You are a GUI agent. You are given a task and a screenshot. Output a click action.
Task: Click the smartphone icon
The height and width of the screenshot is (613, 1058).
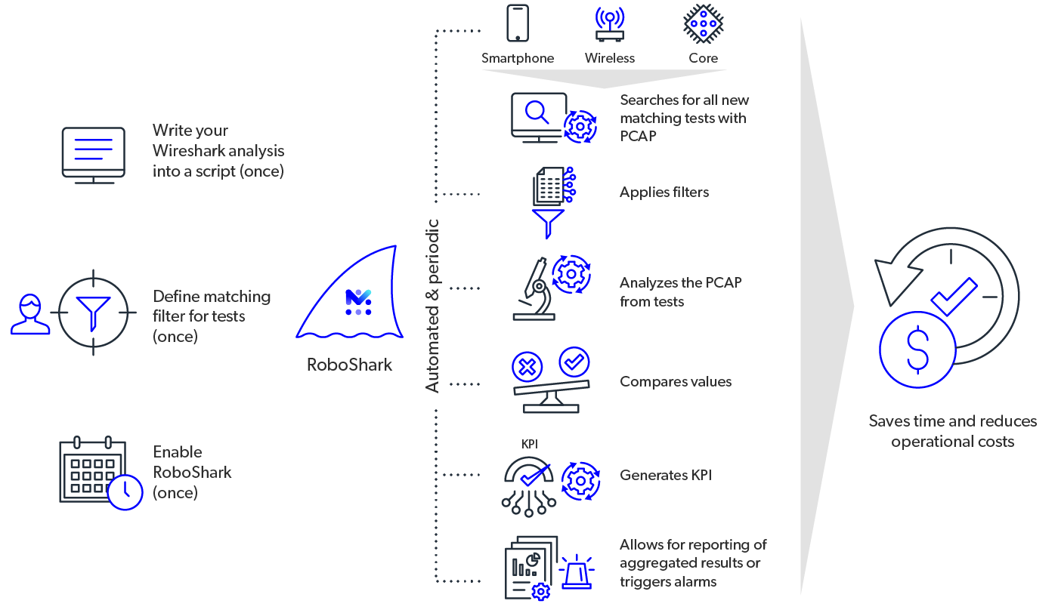tap(518, 23)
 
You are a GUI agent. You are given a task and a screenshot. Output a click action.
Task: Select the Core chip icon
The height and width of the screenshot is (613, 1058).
tap(703, 23)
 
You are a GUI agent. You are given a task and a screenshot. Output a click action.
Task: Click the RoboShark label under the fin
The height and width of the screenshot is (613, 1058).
tap(349, 365)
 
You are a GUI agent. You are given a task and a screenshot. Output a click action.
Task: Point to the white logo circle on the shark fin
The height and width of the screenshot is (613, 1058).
tap(358, 302)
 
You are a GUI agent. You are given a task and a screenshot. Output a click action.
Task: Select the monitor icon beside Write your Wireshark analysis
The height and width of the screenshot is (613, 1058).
tap(93, 152)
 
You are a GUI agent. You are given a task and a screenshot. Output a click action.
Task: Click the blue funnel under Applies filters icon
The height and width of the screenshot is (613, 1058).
tap(549, 223)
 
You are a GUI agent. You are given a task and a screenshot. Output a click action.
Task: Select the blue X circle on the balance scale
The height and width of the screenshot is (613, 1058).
tap(527, 368)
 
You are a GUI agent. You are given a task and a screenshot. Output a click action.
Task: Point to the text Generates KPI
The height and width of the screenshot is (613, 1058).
tap(666, 475)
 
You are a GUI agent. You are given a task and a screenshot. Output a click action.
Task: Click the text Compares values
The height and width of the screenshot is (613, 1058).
tap(676, 381)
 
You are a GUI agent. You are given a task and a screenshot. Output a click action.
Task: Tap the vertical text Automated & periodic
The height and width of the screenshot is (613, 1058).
tap(432, 305)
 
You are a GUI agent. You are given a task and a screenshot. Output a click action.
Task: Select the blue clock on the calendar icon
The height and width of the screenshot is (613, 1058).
tap(125, 491)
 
